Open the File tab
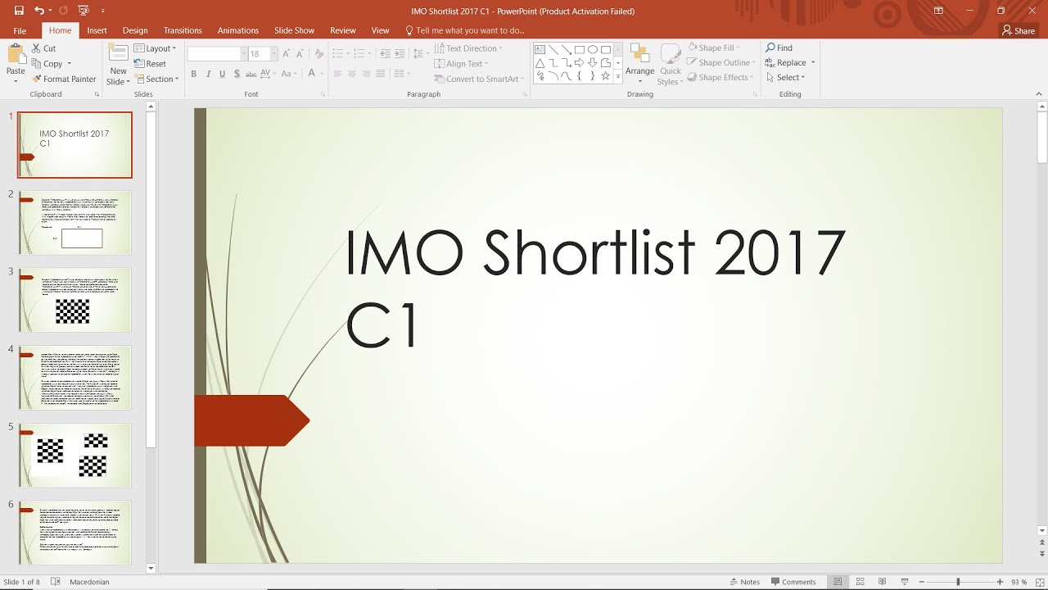pyautogui.click(x=20, y=30)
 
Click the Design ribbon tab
pyautogui.click(x=135, y=30)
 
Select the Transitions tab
pyautogui.click(x=183, y=30)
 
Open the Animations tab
pyautogui.click(x=238, y=30)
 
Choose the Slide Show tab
pyautogui.click(x=294, y=30)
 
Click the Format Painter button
pyautogui.click(x=64, y=79)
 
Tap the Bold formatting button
pyautogui.click(x=194, y=74)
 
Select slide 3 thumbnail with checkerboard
pyautogui.click(x=75, y=300)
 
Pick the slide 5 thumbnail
pyautogui.click(x=75, y=455)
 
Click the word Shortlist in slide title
pyautogui.click(x=589, y=252)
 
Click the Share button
pyautogui.click(x=1019, y=30)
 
